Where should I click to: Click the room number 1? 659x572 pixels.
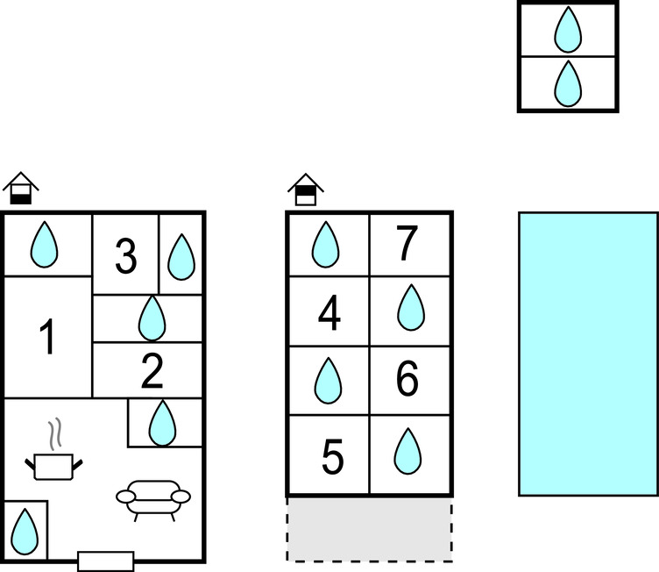48,338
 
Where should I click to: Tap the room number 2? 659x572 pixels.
152,373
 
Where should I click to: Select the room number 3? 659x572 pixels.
126,257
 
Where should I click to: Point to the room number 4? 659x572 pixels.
329,315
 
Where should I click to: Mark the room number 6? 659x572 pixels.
407,380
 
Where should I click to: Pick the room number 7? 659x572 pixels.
406,246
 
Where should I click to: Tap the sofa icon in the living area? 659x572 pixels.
153,498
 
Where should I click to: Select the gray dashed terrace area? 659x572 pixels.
369,529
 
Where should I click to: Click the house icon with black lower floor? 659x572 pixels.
21,189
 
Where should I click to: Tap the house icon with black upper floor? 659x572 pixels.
306,189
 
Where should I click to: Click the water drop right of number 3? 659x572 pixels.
181,256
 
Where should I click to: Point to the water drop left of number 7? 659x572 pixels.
327,244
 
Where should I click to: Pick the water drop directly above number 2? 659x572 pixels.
152,318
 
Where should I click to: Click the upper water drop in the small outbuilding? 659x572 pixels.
568,30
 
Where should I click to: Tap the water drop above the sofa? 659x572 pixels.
161,423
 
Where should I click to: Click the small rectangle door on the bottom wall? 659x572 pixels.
105,561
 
